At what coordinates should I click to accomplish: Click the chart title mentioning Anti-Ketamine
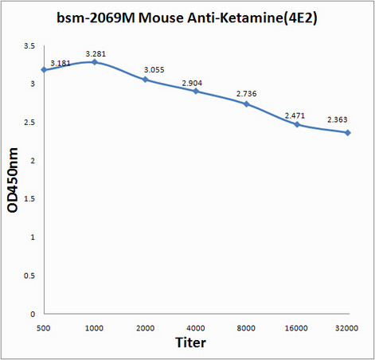[x=187, y=18]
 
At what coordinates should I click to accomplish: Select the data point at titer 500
[x=45, y=70]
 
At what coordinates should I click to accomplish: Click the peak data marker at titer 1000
[x=95, y=61]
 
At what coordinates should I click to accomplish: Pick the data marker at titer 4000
[x=196, y=92]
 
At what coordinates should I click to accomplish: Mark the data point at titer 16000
[x=297, y=124]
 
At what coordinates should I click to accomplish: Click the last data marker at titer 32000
[x=348, y=132]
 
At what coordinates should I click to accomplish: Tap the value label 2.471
[x=296, y=115]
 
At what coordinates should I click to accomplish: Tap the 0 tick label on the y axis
[x=33, y=314]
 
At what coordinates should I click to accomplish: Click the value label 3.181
[x=61, y=62]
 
